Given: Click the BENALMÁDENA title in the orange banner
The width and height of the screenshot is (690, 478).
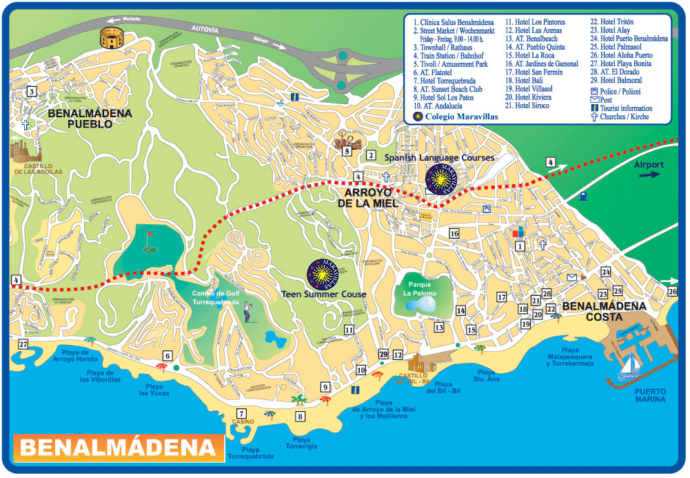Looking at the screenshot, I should click(115, 448).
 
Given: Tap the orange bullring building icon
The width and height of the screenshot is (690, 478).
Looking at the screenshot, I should click(109, 38).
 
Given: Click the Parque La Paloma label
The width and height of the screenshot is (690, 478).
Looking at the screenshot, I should click(419, 288).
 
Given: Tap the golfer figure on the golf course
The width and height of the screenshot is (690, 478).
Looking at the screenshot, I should click(247, 315).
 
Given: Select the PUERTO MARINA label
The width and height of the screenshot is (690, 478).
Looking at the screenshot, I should click(650, 395).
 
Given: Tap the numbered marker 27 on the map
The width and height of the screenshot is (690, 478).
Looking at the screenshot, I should click(23, 344).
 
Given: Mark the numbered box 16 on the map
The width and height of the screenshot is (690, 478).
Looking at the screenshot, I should click(454, 234).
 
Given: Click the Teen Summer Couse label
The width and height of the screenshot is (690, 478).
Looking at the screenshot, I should click(323, 294).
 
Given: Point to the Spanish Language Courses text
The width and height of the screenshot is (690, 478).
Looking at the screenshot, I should click(439, 158).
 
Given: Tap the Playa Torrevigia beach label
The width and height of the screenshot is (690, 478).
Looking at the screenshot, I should click(301, 443).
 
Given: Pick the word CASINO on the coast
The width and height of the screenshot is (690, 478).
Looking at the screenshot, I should click(243, 421).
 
